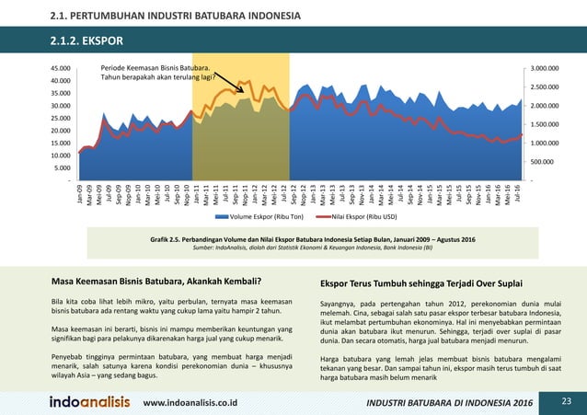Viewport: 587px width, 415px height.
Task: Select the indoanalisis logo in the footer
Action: tap(89, 402)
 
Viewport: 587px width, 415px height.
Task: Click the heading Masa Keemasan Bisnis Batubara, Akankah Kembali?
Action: tap(155, 282)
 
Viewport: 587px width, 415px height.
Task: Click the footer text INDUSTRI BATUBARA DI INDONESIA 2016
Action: tap(448, 403)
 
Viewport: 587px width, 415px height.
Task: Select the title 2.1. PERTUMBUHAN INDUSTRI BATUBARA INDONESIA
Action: tap(174, 16)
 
